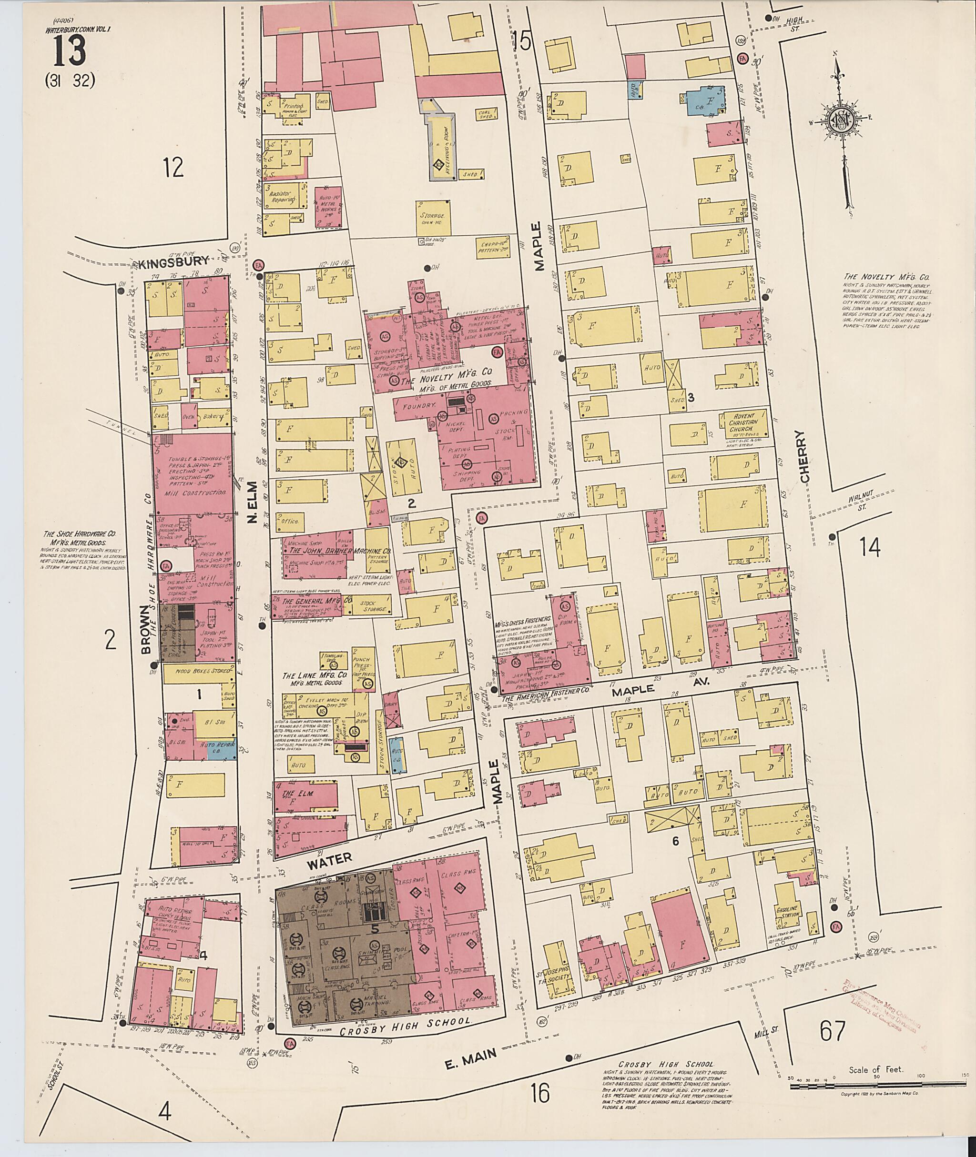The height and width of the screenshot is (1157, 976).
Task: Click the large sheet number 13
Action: point(70,51)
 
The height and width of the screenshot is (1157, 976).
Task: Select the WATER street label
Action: point(330,858)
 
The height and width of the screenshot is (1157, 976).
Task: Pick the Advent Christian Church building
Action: point(743,423)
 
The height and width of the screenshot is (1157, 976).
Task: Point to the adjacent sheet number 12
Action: point(173,168)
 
